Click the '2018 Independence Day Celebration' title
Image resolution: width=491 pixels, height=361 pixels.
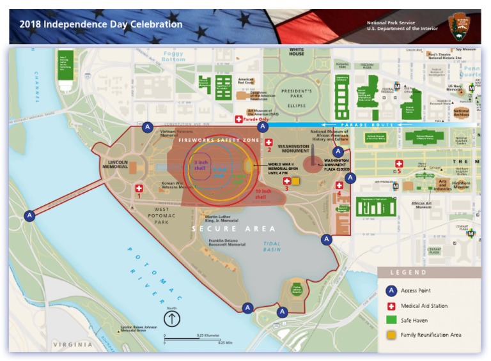[x=100, y=25]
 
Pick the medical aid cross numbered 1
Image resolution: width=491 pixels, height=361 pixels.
[x=139, y=188]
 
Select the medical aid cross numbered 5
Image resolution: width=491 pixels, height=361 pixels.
[x=399, y=164]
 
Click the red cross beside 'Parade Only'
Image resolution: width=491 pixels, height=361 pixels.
[x=239, y=119]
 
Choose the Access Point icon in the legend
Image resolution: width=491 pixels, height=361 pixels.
[x=391, y=291]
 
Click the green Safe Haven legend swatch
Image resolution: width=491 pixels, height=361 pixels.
[x=391, y=320]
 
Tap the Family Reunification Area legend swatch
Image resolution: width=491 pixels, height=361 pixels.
[x=391, y=335]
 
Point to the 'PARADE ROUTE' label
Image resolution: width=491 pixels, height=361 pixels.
[x=362, y=125]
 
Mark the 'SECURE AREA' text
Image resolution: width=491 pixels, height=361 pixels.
[x=234, y=229]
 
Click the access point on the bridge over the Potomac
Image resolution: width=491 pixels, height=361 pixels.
[x=29, y=216]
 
